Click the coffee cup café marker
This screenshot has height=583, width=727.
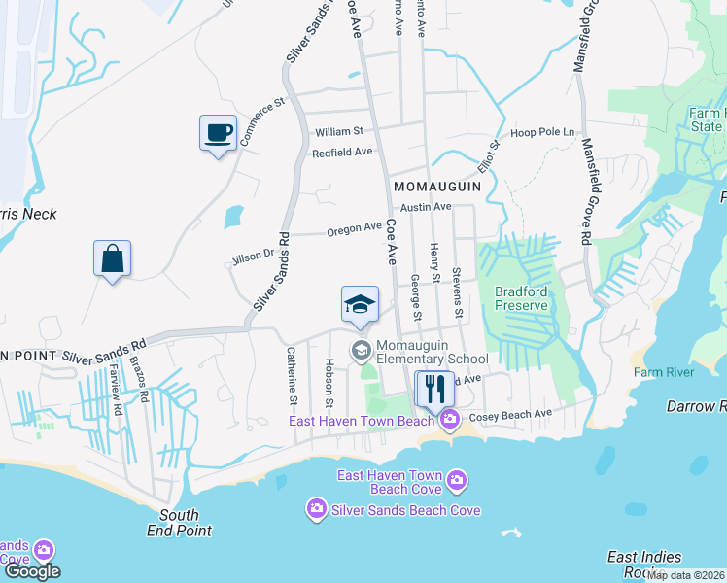[218, 131]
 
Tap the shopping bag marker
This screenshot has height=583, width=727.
[113, 258]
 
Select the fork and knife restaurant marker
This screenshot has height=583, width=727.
[433, 389]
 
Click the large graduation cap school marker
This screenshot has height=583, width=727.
[360, 304]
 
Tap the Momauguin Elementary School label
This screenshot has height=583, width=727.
[417, 353]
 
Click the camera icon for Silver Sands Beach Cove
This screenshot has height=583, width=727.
[316, 509]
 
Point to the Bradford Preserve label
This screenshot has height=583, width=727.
[522, 298]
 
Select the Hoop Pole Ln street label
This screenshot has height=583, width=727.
[543, 132]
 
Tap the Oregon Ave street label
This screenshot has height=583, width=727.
[354, 227]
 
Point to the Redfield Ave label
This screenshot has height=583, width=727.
[342, 153]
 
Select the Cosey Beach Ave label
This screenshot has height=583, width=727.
[510, 415]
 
